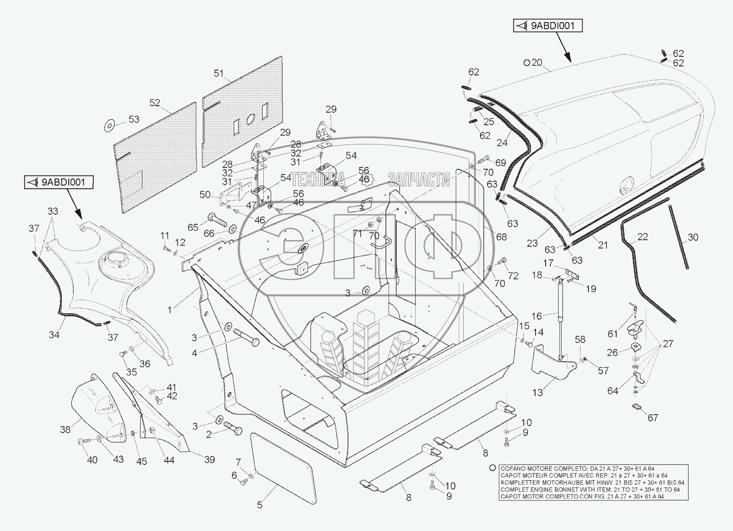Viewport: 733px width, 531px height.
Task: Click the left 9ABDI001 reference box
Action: (59, 182)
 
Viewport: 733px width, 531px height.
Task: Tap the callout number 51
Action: (219, 74)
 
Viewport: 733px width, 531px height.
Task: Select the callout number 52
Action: (155, 103)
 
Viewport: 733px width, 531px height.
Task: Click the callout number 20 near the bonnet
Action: (536, 63)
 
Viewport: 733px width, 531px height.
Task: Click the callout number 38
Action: (65, 429)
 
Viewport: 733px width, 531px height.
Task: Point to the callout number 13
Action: (538, 392)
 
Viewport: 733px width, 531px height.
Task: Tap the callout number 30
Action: (693, 238)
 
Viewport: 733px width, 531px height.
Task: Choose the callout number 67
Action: (653, 418)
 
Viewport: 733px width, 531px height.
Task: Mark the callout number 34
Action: (54, 335)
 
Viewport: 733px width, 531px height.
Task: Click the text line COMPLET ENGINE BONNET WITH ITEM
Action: (590, 490)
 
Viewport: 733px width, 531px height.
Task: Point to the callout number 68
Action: (501, 237)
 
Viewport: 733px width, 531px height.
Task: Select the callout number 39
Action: (209, 460)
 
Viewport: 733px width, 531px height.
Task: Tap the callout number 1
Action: (170, 310)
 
